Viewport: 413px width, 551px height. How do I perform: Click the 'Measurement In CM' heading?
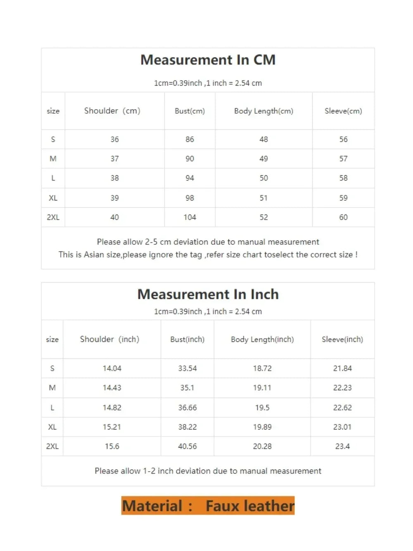coord(208,60)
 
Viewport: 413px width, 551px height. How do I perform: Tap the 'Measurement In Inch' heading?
coord(208,294)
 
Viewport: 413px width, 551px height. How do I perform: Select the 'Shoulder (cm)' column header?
coord(112,111)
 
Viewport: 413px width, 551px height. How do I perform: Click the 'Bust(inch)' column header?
coord(187,339)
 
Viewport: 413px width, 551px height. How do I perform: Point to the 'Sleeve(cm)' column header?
coord(343,111)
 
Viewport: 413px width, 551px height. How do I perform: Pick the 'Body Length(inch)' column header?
coord(262,339)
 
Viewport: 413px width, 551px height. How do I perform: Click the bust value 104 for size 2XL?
coord(190,217)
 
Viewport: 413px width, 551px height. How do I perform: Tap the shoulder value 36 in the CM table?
coord(114,139)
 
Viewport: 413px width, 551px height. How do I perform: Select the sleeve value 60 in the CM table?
coord(343,217)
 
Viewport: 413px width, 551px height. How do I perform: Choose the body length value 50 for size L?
coord(263,178)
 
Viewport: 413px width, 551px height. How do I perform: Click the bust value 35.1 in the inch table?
coord(187,388)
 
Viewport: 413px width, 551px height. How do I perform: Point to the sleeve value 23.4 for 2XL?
coord(342,446)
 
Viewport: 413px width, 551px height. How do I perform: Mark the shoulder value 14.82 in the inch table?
coord(112,408)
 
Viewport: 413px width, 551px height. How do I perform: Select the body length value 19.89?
coord(262,427)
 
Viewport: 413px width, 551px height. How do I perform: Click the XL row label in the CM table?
coord(53,198)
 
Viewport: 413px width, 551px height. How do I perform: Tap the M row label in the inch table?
coord(52,388)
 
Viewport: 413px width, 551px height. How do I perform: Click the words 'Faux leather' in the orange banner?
coord(250,506)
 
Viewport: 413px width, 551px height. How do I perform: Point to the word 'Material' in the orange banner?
coord(152,506)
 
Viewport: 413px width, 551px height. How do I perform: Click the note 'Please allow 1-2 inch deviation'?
coord(208,471)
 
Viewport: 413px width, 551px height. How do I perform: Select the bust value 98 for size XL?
coord(190,198)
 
